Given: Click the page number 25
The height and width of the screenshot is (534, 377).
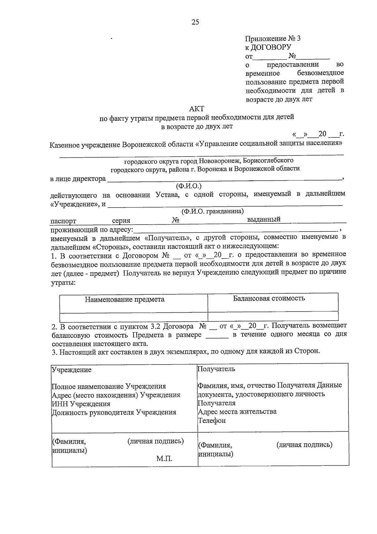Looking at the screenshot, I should (x=195, y=22).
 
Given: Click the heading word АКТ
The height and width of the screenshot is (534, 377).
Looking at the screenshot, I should (x=197, y=109).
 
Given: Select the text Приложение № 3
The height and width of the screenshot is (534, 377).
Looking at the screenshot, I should (x=273, y=39).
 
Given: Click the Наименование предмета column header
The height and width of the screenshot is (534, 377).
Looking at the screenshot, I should (x=124, y=299).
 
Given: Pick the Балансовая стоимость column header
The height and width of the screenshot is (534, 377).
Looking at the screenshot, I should (x=269, y=298).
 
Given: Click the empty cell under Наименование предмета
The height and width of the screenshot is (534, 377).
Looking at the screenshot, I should (x=134, y=317).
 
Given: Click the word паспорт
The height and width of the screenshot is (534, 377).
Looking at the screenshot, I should (x=63, y=221).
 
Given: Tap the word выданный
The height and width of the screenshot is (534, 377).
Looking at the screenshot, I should (x=264, y=219).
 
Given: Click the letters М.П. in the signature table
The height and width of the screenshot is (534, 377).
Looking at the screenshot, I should (x=164, y=458).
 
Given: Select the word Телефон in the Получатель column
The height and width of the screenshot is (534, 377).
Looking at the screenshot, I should (x=212, y=421).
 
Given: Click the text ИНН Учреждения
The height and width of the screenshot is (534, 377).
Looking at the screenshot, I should (x=81, y=404).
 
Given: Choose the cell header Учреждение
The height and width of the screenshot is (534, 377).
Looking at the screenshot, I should (x=72, y=370).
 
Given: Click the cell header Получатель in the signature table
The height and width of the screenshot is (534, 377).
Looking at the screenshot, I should (x=216, y=369).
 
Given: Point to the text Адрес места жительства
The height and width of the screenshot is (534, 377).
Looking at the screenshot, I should (x=237, y=412).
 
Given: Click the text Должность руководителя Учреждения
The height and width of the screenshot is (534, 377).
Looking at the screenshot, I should (x=114, y=412).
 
